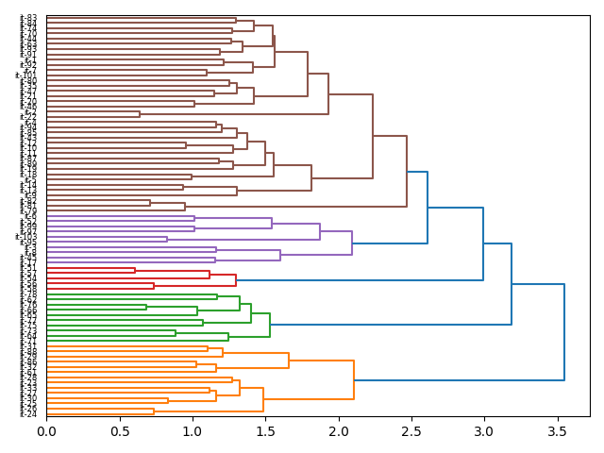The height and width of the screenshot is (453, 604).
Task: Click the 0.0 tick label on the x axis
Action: [x=46, y=431]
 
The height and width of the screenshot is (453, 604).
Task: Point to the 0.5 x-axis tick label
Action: [x=119, y=431]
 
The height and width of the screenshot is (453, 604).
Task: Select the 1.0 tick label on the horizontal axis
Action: [x=193, y=431]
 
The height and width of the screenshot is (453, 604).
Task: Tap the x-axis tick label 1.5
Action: [x=265, y=431]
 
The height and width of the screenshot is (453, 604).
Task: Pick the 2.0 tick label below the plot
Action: [x=338, y=431]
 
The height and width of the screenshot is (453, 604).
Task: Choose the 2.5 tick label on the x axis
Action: [x=411, y=431]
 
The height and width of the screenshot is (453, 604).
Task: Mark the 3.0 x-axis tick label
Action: [x=484, y=431]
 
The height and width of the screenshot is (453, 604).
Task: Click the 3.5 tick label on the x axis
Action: [x=557, y=431]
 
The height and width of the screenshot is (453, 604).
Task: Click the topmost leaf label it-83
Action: [x=28, y=19]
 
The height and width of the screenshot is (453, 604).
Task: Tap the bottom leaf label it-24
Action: [x=28, y=413]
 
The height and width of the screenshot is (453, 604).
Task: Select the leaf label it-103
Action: [x=26, y=237]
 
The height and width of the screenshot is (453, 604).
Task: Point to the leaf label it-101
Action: [x=26, y=75]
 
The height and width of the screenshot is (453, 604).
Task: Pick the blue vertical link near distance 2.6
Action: [x=428, y=207]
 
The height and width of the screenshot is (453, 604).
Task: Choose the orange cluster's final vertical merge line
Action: [x=354, y=380]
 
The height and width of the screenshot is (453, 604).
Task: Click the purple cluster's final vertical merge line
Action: [x=352, y=243]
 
